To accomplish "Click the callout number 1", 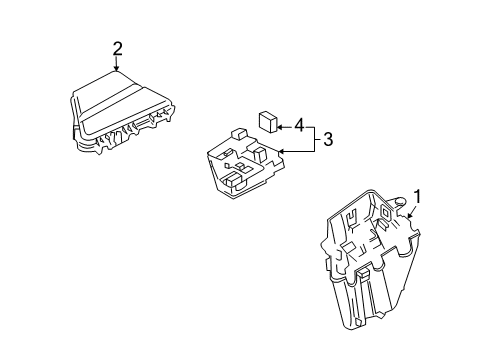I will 419,197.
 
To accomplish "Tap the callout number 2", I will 117,48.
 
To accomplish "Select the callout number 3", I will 327,139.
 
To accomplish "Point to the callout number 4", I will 297,126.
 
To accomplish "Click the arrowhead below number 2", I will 117,69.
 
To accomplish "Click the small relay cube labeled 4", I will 267,122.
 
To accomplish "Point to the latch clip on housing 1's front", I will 363,274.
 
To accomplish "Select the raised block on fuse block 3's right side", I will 261,153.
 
